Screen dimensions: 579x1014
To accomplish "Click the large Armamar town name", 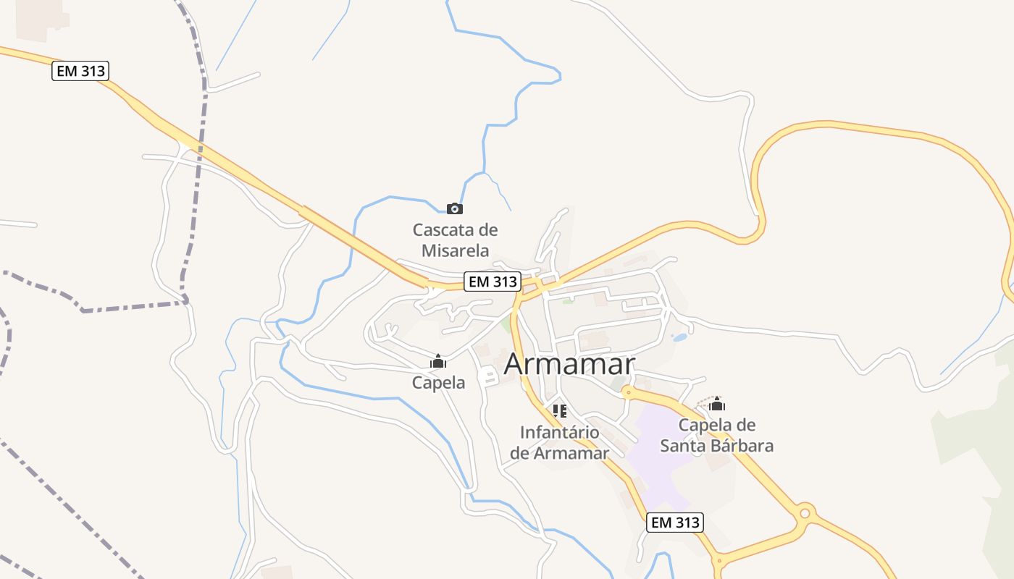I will tap(569, 364).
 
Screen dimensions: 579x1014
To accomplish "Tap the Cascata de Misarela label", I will tap(455, 240).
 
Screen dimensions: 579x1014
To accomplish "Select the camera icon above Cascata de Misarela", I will tap(454, 209).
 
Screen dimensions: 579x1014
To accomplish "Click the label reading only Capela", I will tap(438, 383).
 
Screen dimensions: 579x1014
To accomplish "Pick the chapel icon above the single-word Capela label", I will tap(438, 361).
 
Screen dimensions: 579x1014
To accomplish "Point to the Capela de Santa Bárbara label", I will tap(716, 435).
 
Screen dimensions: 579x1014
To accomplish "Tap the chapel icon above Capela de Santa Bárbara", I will tap(717, 404).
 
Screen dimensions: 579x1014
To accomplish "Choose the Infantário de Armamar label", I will tap(559, 443).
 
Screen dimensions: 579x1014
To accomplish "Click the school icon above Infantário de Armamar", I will tap(559, 411).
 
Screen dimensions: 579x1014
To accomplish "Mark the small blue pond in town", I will tap(679, 337).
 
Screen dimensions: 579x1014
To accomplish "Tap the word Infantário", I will tap(559, 433).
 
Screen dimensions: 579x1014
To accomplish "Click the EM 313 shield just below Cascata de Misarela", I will tap(493, 282).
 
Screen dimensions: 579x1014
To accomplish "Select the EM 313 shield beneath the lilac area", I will tap(674, 522).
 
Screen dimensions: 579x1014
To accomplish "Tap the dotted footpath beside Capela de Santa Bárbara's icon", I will tap(703, 400).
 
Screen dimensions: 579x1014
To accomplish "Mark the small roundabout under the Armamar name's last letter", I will tap(627, 392).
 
